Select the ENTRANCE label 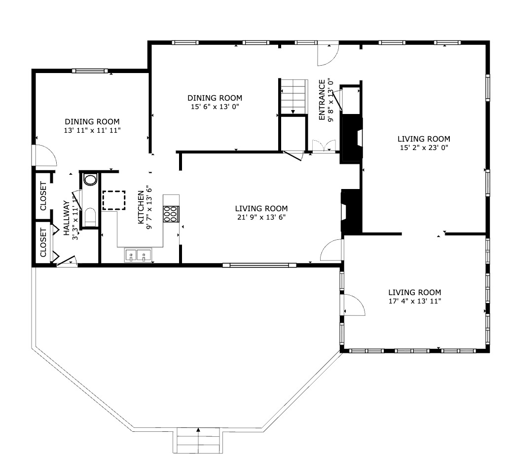[322, 100]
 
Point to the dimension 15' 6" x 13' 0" [215, 107]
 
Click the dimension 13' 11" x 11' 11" [92, 130]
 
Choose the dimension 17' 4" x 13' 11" [414, 301]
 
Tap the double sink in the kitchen [138, 255]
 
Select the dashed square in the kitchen [114, 200]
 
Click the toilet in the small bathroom [90, 217]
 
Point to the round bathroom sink [90, 179]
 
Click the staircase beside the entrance [293, 96]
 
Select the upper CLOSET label [43, 196]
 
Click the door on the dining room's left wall [44, 155]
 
